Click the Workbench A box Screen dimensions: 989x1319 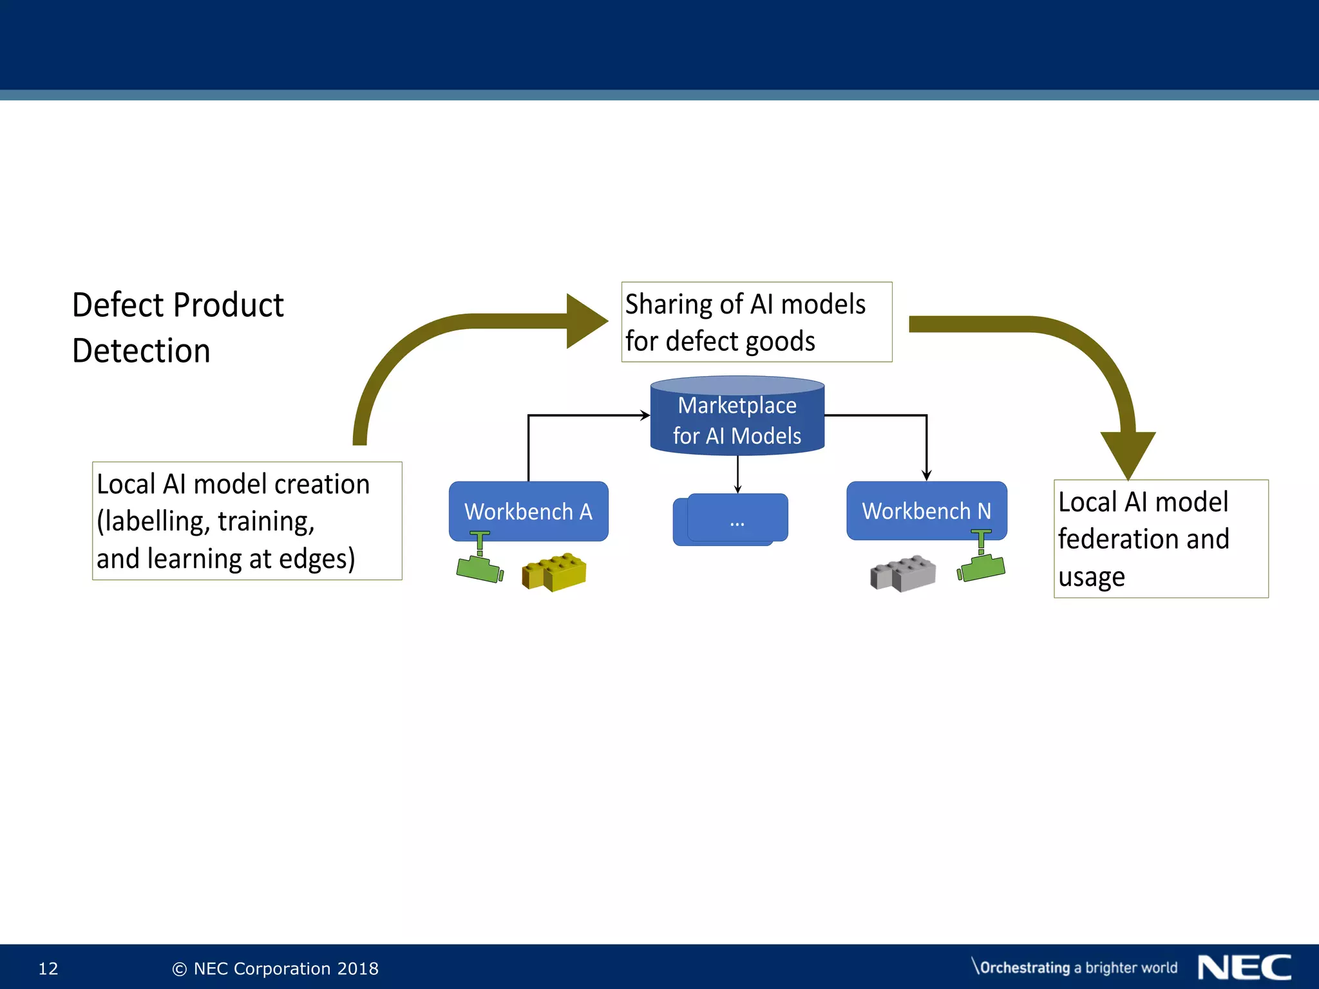tap(528, 511)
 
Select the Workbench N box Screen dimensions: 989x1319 tap(926, 511)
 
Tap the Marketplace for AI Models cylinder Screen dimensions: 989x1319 tap(737, 419)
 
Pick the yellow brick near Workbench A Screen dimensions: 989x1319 tap(555, 572)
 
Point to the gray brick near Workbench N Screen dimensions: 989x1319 tap(903, 573)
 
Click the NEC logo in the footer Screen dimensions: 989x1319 tap(1244, 968)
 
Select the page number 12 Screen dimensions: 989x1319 tap(48, 968)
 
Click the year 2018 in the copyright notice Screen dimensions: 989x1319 tap(358, 968)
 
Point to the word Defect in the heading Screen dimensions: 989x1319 tap(116, 305)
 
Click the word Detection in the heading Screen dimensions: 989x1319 tap(141, 352)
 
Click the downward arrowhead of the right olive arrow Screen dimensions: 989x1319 tap(1128, 453)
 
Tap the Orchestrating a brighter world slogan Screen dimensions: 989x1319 tap(1074, 968)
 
